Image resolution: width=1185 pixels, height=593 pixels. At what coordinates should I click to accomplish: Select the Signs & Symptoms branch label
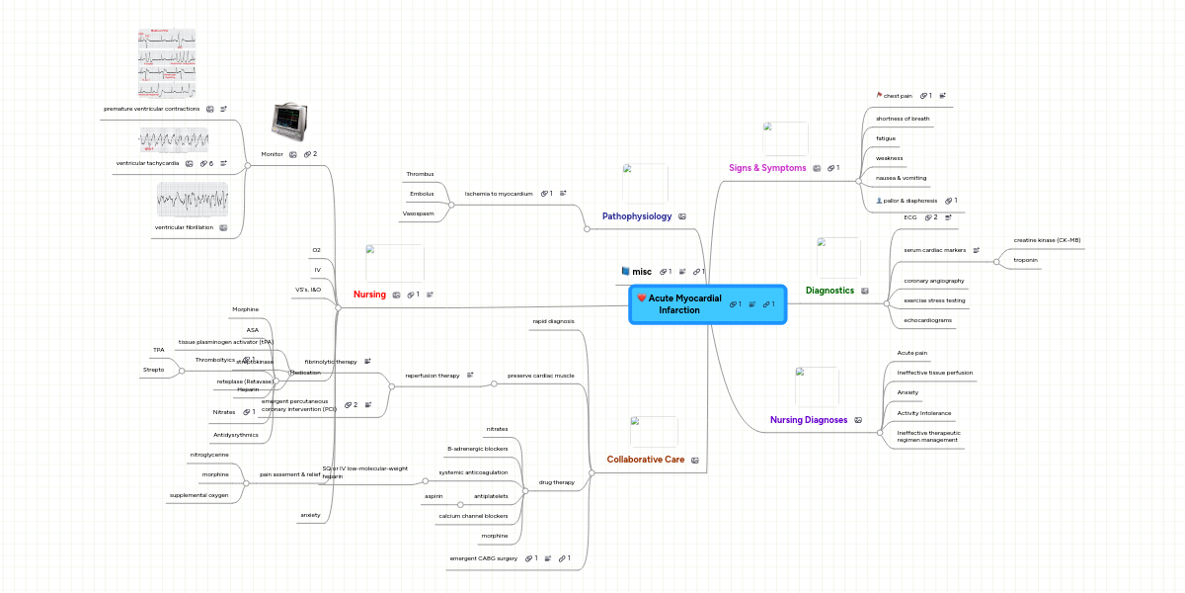coord(766,168)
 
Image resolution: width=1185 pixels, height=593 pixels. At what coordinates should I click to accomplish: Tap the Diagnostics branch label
coord(829,291)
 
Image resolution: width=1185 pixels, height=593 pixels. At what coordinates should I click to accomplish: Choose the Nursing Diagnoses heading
coord(809,420)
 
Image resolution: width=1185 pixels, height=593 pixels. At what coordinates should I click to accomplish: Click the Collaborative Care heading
coord(646,460)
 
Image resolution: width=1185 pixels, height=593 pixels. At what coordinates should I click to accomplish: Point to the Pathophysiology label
coord(637,215)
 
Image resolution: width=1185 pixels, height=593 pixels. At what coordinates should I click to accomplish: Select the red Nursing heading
coord(369,295)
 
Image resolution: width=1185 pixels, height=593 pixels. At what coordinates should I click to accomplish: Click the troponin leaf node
coord(1025,260)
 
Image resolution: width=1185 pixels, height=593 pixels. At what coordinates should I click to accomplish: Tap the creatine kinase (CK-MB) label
coord(1047,240)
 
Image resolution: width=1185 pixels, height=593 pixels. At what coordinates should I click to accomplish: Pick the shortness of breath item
coord(903,119)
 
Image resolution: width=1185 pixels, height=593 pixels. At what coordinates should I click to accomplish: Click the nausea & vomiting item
coord(901,178)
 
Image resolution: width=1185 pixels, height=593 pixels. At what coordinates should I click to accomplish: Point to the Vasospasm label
coord(418,213)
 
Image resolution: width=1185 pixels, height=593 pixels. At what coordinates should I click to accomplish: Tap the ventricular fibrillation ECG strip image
coord(193,200)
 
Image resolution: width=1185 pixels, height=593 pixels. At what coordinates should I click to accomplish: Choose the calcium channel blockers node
coord(473,516)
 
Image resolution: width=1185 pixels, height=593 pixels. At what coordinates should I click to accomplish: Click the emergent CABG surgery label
coord(484,558)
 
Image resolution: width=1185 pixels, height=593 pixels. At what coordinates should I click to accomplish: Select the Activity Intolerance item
coord(923,412)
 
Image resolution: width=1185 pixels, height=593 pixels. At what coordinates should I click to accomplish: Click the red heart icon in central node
coord(642,297)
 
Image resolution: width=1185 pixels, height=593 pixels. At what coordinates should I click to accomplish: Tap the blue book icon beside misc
coord(625,271)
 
